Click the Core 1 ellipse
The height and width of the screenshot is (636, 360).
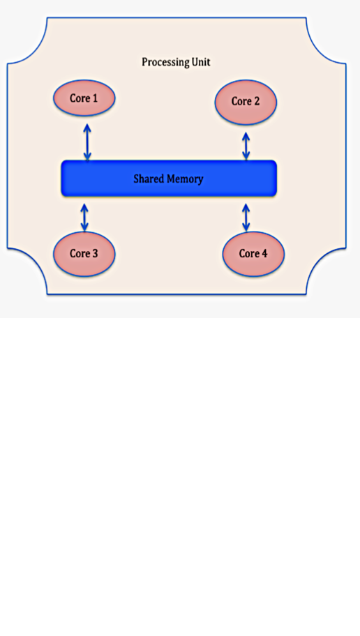point(84,98)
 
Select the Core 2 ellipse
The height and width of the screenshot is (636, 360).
point(246,102)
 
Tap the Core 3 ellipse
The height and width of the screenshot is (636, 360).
point(84,254)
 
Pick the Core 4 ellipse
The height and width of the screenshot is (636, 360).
point(253,254)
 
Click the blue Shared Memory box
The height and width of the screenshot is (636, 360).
point(169,179)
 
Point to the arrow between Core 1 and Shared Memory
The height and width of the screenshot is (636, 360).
point(87,142)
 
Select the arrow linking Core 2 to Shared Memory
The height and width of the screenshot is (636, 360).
point(246,146)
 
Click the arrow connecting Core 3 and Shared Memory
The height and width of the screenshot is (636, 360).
point(84,218)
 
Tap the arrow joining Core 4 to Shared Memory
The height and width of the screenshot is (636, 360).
point(246,218)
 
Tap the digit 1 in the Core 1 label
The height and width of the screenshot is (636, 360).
point(95,98)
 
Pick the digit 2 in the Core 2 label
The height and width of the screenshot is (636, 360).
point(256,101)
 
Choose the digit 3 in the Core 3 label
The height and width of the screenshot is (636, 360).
point(95,254)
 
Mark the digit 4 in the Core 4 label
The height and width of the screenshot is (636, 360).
point(264,254)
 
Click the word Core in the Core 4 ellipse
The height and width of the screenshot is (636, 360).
point(248,254)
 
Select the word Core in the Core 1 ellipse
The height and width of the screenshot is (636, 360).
point(80,98)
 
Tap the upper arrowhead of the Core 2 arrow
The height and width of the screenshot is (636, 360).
point(246,135)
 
